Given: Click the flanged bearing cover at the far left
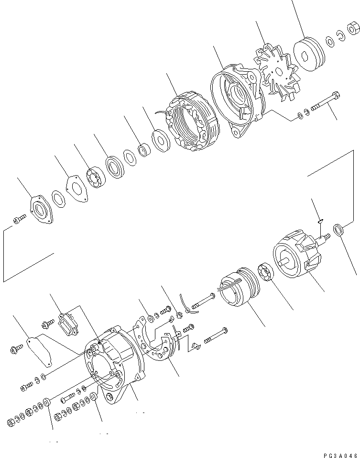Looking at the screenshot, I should tap(42, 209).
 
